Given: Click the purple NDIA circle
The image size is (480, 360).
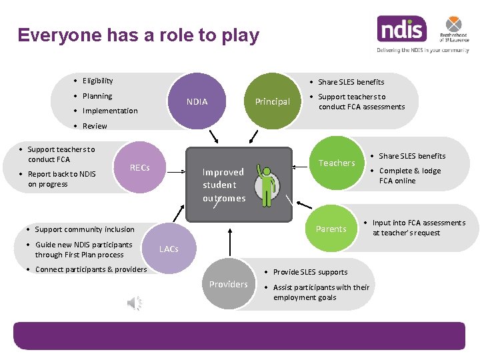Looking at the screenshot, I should (197, 102).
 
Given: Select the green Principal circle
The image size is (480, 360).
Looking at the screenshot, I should (273, 102).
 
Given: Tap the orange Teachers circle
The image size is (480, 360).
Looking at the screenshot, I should (337, 163).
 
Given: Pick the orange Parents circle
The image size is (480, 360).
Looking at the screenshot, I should (331, 229).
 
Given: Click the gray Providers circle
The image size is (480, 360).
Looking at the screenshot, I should (228, 284).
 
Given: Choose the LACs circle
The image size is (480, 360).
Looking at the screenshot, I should (169, 249).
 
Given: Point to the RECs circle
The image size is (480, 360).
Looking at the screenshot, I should (139, 168).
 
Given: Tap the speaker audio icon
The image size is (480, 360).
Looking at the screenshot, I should (135, 304).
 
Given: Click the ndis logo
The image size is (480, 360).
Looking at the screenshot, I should (401, 29).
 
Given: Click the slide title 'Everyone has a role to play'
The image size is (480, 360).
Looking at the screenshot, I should (139, 35).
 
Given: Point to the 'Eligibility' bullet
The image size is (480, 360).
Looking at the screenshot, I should (97, 81).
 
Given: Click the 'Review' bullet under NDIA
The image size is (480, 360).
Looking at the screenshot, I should (94, 126).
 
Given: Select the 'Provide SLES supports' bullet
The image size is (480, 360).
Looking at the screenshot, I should (310, 272).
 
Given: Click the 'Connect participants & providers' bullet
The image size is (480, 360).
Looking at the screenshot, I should (91, 269).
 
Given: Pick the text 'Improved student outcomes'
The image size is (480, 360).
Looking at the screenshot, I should (224, 185).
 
